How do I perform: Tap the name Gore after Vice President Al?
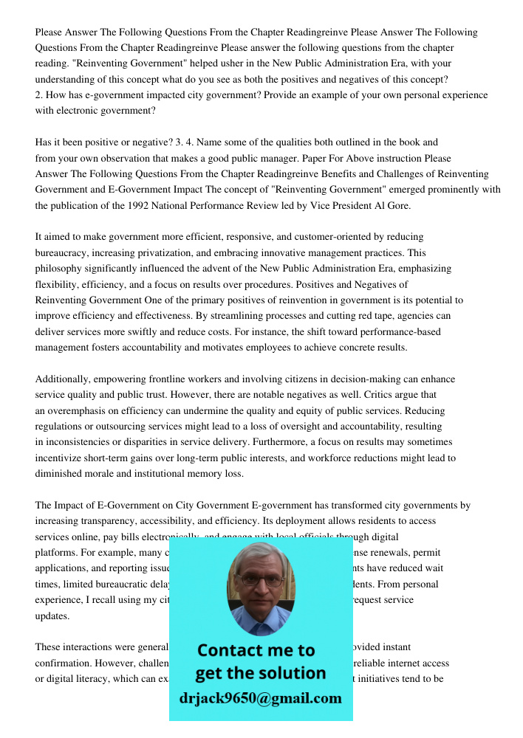click(397, 206)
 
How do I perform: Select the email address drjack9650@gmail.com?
click(260, 698)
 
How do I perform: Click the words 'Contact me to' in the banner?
click(256, 650)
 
